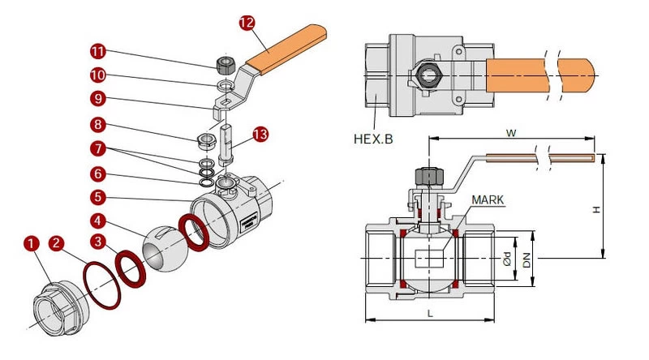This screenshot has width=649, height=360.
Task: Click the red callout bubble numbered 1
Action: pyautogui.click(x=32, y=243)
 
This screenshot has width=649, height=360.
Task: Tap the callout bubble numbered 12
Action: pyautogui.click(x=247, y=24)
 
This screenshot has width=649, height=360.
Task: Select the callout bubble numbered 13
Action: pyautogui.click(x=260, y=135)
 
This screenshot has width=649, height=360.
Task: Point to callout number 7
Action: pyautogui.click(x=98, y=148)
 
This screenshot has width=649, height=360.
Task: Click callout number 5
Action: pyautogui.click(x=98, y=197)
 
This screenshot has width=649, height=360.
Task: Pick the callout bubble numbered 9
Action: pyautogui.click(x=98, y=98)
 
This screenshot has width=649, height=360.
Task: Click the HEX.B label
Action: pyautogui.click(x=373, y=139)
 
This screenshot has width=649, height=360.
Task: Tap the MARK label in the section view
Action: pyautogui.click(x=488, y=199)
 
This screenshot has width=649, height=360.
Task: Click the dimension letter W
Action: pyautogui.click(x=511, y=133)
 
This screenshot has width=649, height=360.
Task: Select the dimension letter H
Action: pyautogui.click(x=596, y=210)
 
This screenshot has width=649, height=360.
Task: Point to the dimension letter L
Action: pyautogui.click(x=430, y=313)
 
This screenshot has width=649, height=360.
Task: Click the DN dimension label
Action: pyautogui.click(x=526, y=261)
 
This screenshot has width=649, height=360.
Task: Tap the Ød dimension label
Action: pyautogui.click(x=506, y=259)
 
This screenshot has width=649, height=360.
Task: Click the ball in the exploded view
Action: pyautogui.click(x=165, y=248)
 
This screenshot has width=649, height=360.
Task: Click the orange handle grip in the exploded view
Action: pyautogui.click(x=286, y=49)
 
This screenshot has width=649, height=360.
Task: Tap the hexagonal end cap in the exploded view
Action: pyautogui.click(x=62, y=308)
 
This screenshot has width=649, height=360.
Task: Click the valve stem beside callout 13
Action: pyautogui.click(x=226, y=145)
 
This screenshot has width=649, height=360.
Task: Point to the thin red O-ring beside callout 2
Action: pyautogui.click(x=102, y=285)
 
